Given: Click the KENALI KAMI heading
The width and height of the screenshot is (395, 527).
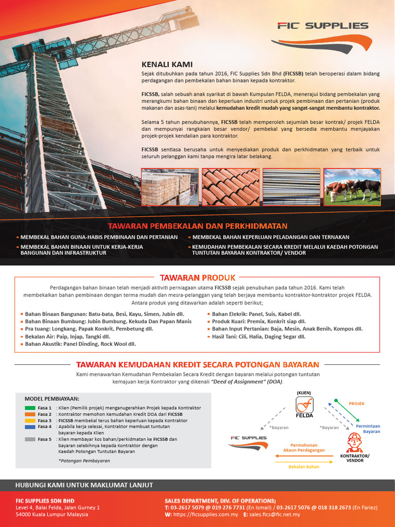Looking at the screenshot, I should [x=163, y=65].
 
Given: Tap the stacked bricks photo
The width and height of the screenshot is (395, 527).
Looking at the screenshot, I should [x=170, y=187].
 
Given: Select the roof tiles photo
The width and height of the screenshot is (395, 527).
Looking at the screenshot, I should [x=230, y=187].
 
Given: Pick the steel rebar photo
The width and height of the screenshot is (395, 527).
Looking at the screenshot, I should [x=291, y=187].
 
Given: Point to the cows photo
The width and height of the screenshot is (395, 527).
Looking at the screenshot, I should [x=352, y=187].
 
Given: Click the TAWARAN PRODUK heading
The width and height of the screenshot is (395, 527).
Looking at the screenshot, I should [x=197, y=277].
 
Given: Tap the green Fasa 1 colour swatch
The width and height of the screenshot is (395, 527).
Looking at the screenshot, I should [x=30, y=408].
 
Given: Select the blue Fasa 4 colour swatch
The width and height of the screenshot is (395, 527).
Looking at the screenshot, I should [x=30, y=427].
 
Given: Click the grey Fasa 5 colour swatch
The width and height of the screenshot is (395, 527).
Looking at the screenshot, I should [x=30, y=439].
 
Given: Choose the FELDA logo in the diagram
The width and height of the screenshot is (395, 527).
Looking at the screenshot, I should [x=305, y=405].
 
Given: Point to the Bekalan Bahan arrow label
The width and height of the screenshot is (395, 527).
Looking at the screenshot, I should [x=304, y=467].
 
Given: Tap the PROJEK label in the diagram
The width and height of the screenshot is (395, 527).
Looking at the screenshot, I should [x=356, y=403].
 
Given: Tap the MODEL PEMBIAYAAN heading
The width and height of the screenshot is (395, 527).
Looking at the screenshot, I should [x=52, y=398].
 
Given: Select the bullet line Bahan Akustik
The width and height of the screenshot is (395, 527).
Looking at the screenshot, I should [x=81, y=344].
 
